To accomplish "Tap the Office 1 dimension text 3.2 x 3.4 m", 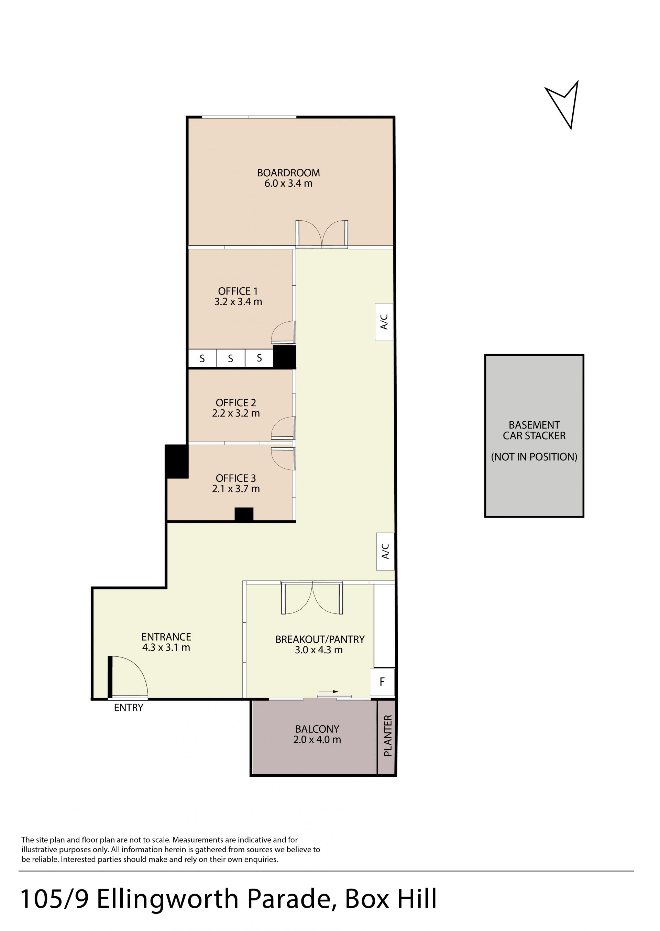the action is (238, 302).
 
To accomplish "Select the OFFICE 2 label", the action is (236, 402).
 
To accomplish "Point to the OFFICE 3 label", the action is (236, 478).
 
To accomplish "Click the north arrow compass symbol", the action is (564, 105).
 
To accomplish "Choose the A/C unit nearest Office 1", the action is (384, 322).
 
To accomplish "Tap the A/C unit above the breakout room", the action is (385, 551).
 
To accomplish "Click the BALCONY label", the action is (317, 729).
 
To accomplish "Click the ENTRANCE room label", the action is (166, 637).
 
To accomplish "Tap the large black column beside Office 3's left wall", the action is (176, 462).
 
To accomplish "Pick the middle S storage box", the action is (230, 358).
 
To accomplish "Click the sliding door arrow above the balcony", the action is (328, 692).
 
